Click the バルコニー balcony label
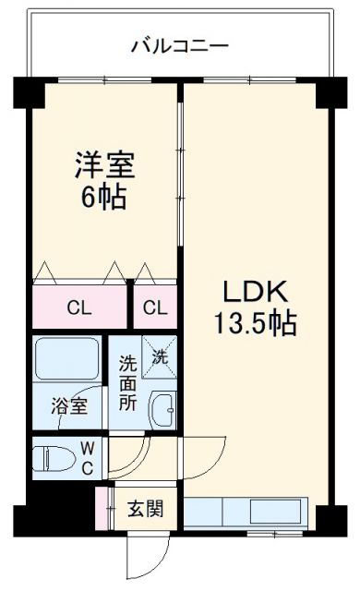point(179,44)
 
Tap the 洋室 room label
point(104,167)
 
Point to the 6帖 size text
point(104,197)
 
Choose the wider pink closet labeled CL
point(78,308)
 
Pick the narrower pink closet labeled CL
point(155,308)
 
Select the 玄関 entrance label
point(145,508)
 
